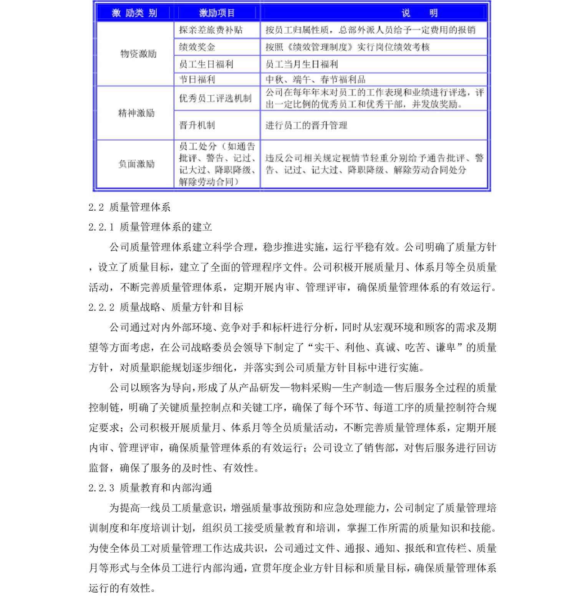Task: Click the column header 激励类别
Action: point(134,13)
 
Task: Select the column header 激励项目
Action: point(217,13)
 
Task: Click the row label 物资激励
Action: point(138,54)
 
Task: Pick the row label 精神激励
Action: point(136,113)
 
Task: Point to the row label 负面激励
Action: point(136,164)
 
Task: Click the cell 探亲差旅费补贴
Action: point(211,30)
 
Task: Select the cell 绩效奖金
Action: point(197,47)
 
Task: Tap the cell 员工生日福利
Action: point(206,64)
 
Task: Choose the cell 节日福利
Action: point(197,79)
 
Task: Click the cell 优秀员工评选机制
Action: point(215,99)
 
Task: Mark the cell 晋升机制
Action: point(197,125)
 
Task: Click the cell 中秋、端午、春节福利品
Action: point(315,79)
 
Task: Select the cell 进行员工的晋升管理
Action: point(306,125)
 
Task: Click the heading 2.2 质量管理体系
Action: point(129,207)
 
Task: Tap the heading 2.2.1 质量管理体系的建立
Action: point(150,227)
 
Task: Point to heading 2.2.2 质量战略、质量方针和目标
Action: point(166,307)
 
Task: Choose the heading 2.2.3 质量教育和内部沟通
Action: point(150,488)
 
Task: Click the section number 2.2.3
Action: point(101,488)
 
